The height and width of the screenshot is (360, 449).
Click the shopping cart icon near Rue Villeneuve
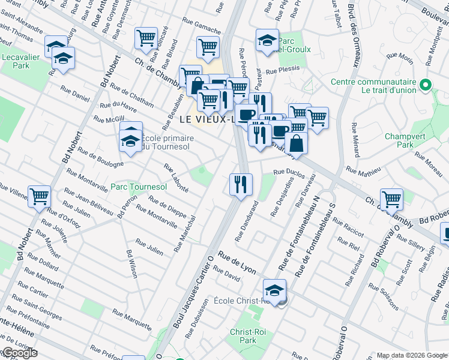click(x=39, y=196)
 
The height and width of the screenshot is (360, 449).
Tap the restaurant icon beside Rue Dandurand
click(x=241, y=183)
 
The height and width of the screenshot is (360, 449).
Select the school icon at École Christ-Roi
click(x=274, y=292)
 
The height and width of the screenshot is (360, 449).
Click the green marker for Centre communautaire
click(x=426, y=86)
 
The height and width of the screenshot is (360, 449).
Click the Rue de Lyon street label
click(x=237, y=260)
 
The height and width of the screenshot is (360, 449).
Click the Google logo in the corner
click(x=19, y=353)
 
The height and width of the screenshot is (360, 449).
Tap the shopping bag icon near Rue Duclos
click(x=296, y=143)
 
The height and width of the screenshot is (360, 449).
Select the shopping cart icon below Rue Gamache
click(x=208, y=46)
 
